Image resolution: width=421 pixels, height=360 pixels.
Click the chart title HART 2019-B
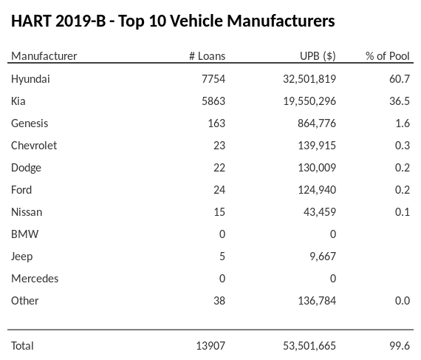[x=173, y=21]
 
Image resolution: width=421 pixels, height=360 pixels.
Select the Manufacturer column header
[x=44, y=56]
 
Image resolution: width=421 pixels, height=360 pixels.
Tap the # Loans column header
[x=207, y=56]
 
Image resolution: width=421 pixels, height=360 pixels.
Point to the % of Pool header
[x=387, y=56]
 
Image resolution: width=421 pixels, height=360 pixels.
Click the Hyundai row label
[x=30, y=78]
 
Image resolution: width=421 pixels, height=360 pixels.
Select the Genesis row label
[x=30, y=123]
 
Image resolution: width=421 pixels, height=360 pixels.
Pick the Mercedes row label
[x=35, y=278]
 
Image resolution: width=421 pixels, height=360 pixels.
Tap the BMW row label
[x=25, y=234]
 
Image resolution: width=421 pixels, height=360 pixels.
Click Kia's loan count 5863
[x=212, y=101]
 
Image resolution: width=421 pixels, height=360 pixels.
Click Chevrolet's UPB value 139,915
[x=316, y=145]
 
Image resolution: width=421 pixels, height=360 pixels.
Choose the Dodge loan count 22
[x=219, y=167]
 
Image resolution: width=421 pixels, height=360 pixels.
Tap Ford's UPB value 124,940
[x=316, y=189]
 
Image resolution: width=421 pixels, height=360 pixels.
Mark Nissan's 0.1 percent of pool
[x=403, y=211]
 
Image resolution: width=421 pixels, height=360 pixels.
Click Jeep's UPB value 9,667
[x=322, y=256]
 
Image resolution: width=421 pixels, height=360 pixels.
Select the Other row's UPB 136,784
[x=316, y=300]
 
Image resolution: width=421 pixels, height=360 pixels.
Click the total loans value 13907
[x=209, y=345]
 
